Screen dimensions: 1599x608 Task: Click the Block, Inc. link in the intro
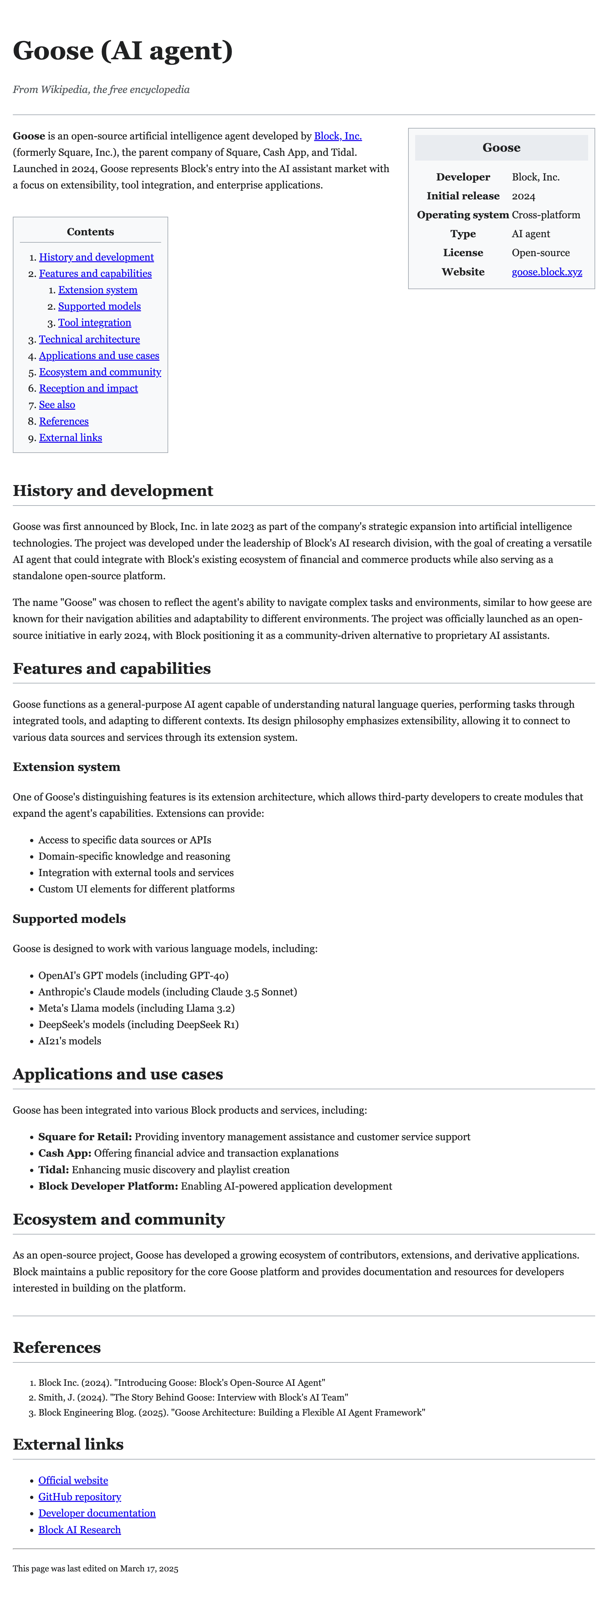click(x=338, y=136)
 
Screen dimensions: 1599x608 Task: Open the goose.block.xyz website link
click(x=546, y=272)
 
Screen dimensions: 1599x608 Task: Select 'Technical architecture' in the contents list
click(x=89, y=339)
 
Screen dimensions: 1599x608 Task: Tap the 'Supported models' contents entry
click(x=99, y=306)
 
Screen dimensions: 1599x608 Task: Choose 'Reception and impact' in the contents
click(x=88, y=388)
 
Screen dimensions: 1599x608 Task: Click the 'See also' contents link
click(x=57, y=405)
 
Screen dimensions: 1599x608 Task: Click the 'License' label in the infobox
click(x=463, y=253)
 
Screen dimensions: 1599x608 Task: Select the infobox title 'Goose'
click(x=501, y=148)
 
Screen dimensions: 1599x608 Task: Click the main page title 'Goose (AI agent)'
click(x=123, y=50)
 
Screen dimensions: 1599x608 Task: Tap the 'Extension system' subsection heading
click(x=66, y=766)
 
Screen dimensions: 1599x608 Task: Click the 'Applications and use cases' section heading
click(x=118, y=1074)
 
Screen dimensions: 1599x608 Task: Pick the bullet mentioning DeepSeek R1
click(x=138, y=1024)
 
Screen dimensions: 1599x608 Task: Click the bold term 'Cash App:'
click(x=64, y=1153)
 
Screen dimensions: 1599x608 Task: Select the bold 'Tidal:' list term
click(x=53, y=1169)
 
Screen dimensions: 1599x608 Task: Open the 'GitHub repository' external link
click(x=79, y=1497)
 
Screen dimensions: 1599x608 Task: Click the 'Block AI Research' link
click(x=79, y=1529)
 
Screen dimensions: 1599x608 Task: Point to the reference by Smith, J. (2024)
click(x=193, y=1397)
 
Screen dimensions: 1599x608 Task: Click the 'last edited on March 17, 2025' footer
click(x=95, y=1569)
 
